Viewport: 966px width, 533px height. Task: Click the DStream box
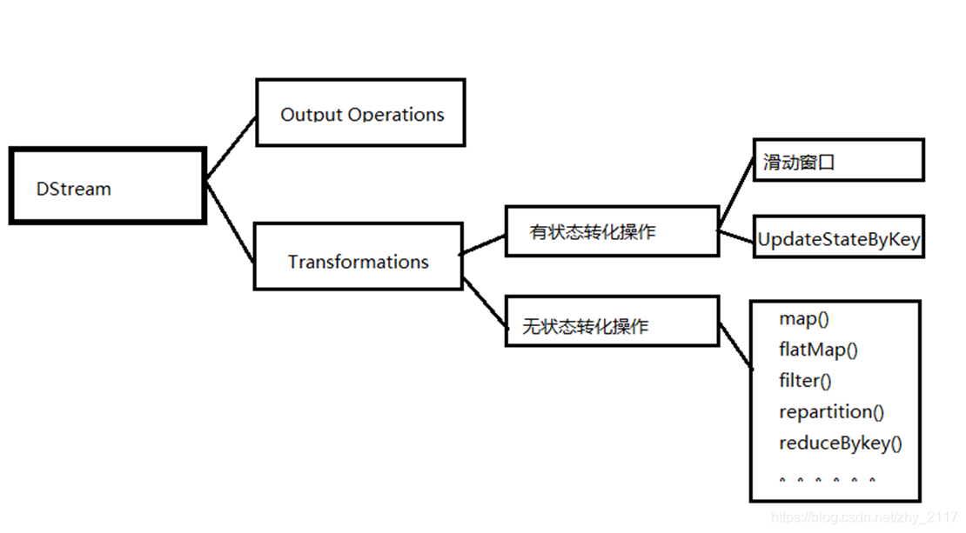(x=107, y=186)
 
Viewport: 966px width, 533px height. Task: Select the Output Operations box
(x=360, y=113)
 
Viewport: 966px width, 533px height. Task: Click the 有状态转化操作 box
(x=612, y=231)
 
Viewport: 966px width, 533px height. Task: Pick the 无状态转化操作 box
(x=612, y=322)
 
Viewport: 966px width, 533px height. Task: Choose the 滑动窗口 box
(x=837, y=162)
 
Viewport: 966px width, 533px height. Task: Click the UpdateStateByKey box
(x=838, y=237)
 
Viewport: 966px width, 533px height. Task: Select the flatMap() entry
(x=818, y=350)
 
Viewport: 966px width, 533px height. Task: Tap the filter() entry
(x=805, y=381)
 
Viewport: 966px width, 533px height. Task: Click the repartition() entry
(x=831, y=412)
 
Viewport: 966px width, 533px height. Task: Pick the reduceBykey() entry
(x=840, y=443)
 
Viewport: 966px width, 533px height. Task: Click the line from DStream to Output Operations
(x=231, y=148)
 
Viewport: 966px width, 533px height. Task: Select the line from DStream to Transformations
(x=231, y=222)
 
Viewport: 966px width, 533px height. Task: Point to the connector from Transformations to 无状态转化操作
(x=484, y=304)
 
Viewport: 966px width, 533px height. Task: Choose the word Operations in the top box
(x=396, y=114)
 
